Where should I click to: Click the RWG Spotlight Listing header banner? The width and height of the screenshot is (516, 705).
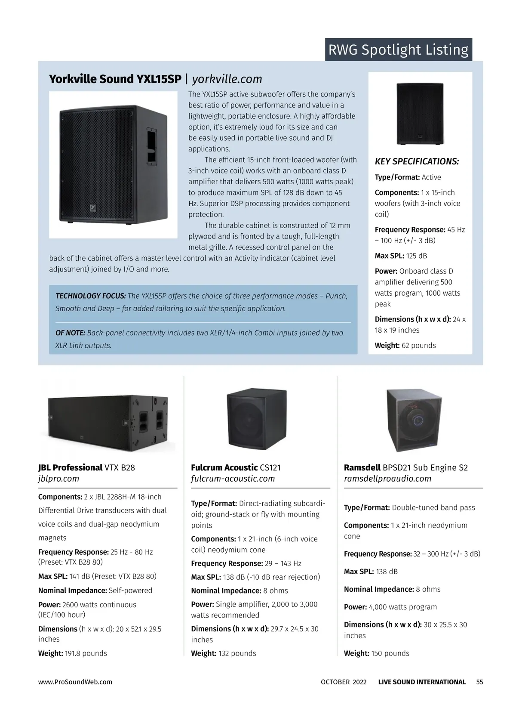point(398,49)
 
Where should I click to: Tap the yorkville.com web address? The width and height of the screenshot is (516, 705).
point(227,79)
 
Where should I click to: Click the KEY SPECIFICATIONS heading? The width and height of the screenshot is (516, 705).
point(417,161)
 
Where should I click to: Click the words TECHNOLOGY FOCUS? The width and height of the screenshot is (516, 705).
point(91,296)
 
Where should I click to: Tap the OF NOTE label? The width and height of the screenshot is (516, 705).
point(70,333)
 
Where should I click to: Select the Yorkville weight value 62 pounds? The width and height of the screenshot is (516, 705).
point(418,346)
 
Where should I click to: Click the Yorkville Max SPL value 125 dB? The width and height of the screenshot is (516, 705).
point(416,256)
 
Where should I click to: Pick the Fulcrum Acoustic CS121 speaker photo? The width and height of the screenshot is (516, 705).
point(256,418)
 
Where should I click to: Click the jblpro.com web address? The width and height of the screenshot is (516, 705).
point(58,479)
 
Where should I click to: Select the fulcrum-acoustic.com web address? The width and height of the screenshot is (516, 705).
point(233,479)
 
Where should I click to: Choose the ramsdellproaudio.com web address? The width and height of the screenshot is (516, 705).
point(387,479)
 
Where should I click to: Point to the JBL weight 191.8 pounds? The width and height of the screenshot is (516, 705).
point(86,653)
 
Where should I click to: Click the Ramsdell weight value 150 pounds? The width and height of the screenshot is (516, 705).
point(390,653)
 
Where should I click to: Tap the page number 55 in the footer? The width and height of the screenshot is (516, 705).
point(479,682)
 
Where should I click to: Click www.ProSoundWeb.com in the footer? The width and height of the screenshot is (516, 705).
point(75,682)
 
